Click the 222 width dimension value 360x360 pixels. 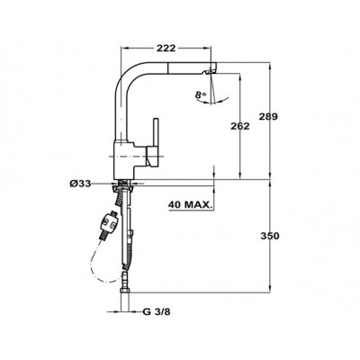(166, 48)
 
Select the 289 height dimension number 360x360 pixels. (268, 116)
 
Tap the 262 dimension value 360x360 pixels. (239, 126)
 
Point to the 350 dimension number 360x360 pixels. (270, 236)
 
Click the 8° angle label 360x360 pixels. (201, 95)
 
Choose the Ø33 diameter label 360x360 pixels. (80, 184)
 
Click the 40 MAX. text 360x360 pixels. (190, 205)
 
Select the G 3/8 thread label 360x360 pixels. (157, 312)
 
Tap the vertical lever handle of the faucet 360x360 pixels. (156, 133)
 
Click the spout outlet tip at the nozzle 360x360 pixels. (210, 72)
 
